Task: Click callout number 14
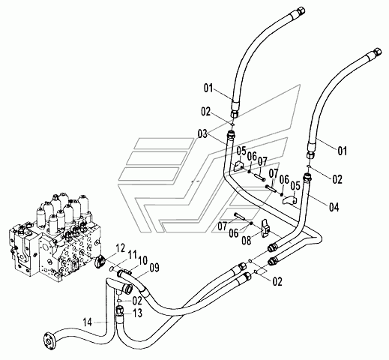(88, 322)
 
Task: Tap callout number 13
(137, 313)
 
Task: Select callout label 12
(120, 248)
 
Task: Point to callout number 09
(154, 268)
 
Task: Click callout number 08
(247, 241)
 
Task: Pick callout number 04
(334, 207)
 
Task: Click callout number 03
(202, 134)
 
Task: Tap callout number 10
(142, 261)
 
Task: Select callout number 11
(132, 256)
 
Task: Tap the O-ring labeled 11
(112, 268)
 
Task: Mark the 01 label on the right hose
(343, 151)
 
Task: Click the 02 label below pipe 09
(137, 301)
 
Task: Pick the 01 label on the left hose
(208, 88)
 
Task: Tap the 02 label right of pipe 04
(337, 179)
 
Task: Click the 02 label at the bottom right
(277, 281)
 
